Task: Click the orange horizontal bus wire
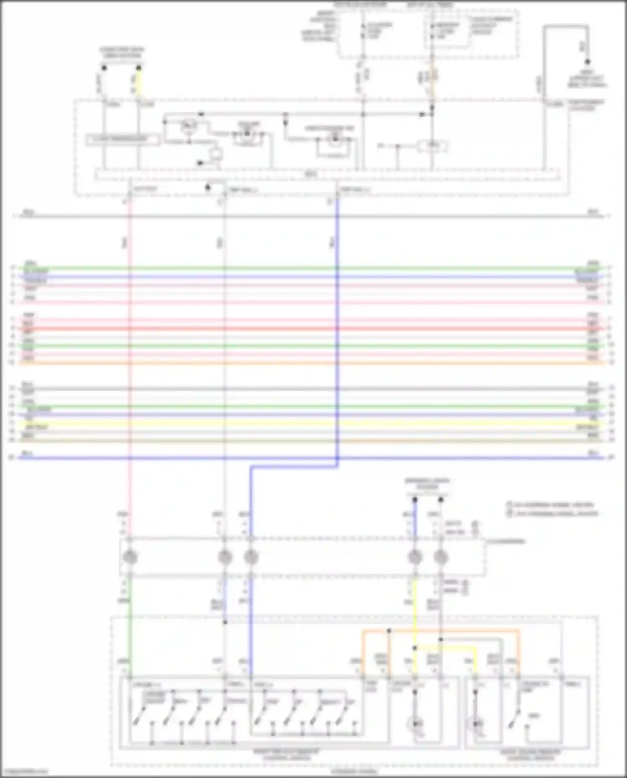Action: pos(309,362)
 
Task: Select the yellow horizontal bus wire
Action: pos(309,423)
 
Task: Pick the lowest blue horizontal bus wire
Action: pos(309,458)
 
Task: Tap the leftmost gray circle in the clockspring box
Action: pos(130,557)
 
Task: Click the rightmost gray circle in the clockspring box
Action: pos(441,557)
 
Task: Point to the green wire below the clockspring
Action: pos(130,627)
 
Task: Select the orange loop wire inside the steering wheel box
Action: pos(439,630)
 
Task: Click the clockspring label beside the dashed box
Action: pos(506,541)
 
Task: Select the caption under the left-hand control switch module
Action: pos(287,754)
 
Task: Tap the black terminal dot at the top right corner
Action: pos(587,61)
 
